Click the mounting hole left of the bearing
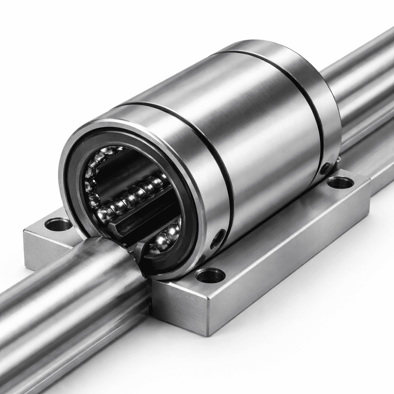point(58,224)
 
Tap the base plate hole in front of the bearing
point(210,275)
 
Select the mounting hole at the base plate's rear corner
point(340,182)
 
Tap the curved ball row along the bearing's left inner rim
point(91,177)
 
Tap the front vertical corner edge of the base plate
point(207,316)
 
